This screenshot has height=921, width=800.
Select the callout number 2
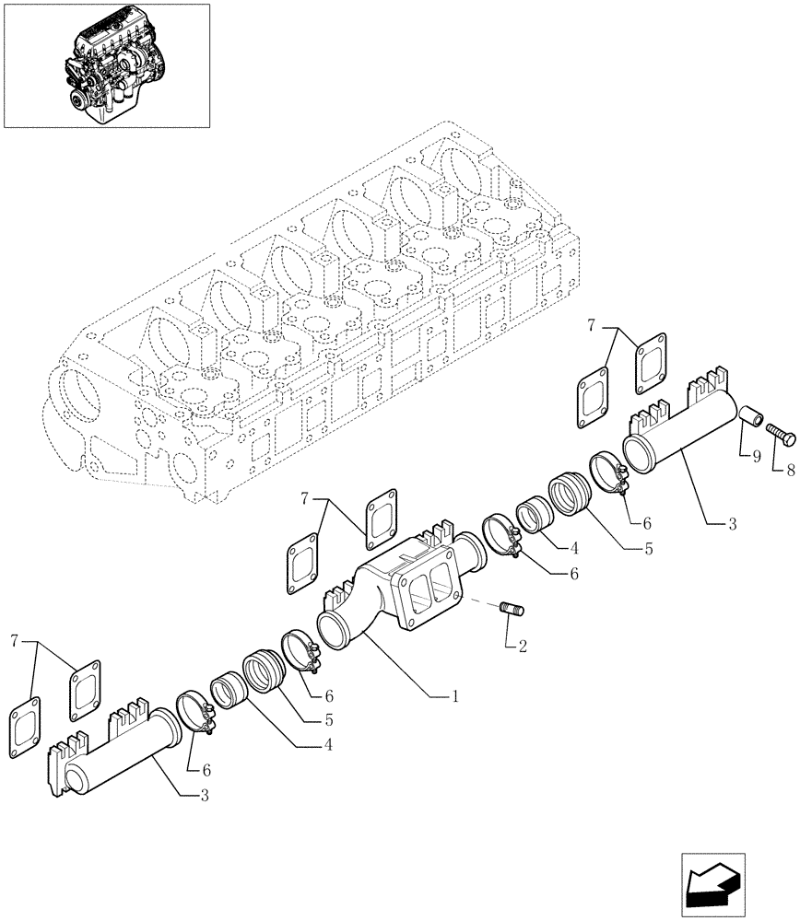tap(522, 647)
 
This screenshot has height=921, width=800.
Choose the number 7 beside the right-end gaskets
tap(592, 324)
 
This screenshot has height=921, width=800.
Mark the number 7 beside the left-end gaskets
tap(14, 639)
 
